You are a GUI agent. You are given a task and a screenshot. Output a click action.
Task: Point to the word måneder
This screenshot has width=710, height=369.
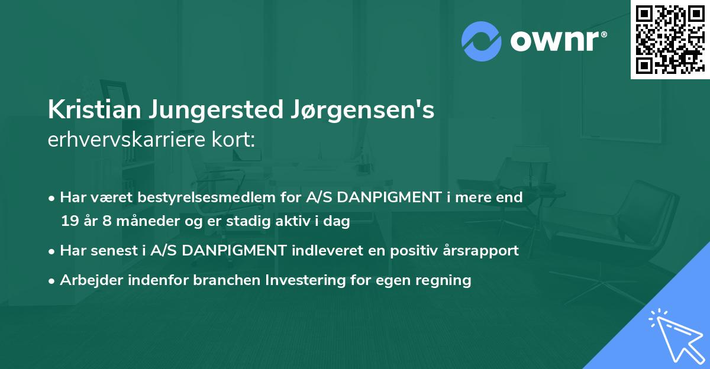pos(144,222)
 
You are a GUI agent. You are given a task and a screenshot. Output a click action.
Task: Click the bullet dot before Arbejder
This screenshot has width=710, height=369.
pos(53,280)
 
